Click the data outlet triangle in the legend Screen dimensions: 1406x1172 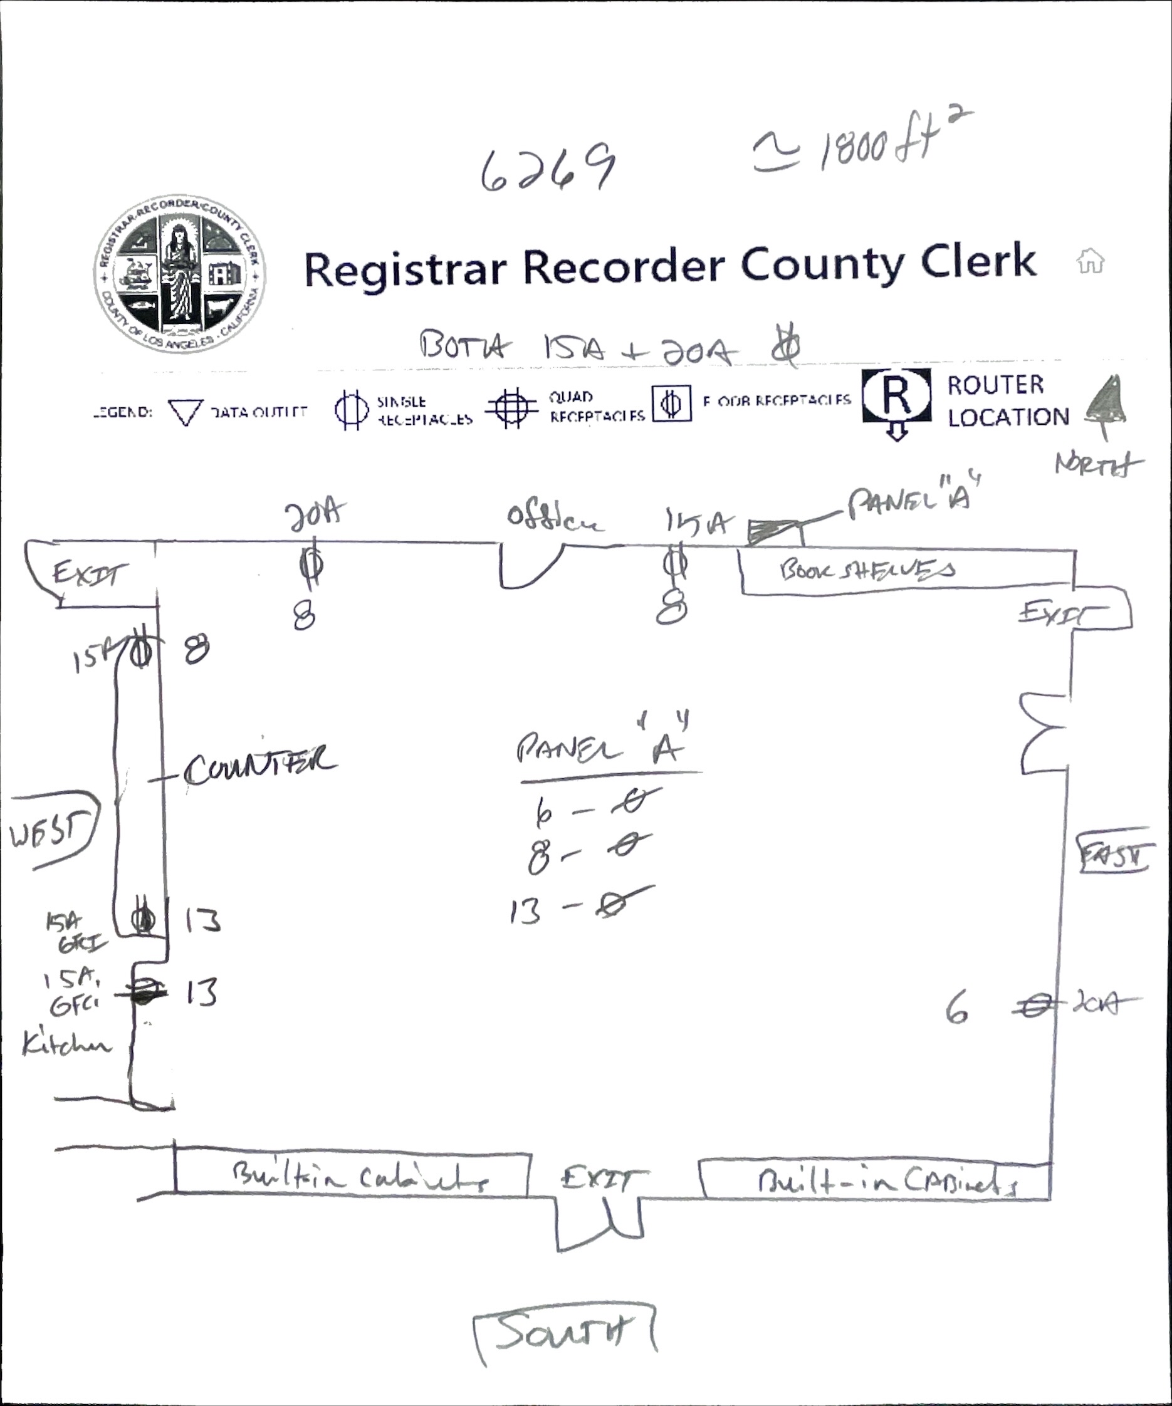coord(186,411)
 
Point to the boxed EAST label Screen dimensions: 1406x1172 coord(1112,854)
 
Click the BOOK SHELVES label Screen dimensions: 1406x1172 coord(867,570)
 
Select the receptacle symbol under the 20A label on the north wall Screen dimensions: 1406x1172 coord(311,564)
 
